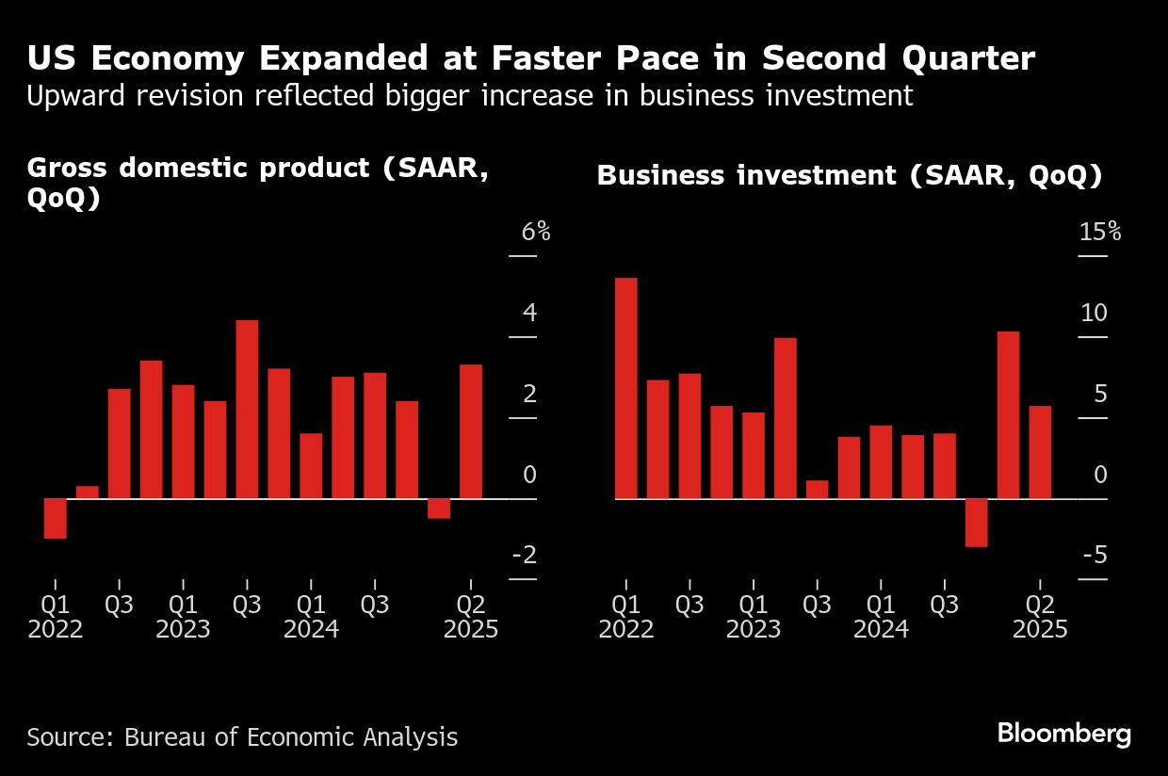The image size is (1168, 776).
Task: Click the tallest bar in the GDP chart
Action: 247,409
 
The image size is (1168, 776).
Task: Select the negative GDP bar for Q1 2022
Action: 56,518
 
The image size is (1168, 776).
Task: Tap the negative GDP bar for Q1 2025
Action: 439,509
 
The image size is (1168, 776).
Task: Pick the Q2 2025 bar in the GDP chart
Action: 471,431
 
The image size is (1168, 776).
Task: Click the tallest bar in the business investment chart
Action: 625,388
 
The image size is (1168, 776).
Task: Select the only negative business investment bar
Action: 976,522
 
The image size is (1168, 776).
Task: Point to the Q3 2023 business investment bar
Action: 818,490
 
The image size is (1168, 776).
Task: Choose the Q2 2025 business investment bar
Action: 1040,452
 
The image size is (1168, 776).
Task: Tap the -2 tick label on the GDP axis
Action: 524,556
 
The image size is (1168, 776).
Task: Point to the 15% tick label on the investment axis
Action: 1099,233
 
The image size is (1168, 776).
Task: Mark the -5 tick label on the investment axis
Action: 1095,556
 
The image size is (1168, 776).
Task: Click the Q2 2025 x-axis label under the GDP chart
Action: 471,616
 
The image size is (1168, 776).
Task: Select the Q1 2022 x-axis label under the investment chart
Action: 625,616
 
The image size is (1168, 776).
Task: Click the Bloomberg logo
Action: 1063,735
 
